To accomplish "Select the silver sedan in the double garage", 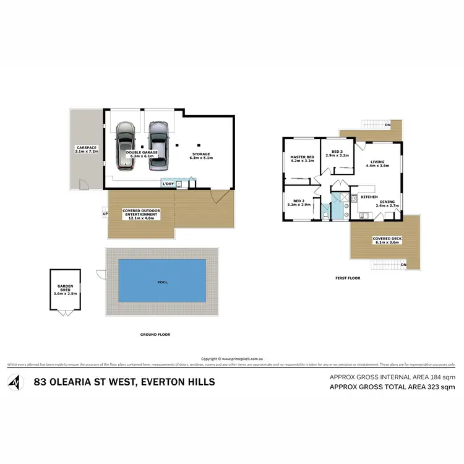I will tap(158, 145).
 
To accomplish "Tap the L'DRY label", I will tap(168, 184).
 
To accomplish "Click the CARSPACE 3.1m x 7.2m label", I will tap(87, 149).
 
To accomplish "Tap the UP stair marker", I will tap(105, 214).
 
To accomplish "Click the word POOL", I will tap(162, 282).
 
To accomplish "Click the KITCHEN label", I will tap(369, 197).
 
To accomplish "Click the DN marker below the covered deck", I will tap(404, 265).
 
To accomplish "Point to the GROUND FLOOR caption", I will tap(155, 335).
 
